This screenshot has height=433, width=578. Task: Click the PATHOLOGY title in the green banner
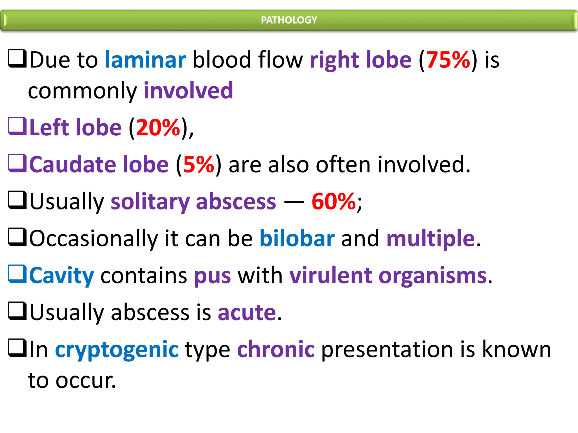[289, 20]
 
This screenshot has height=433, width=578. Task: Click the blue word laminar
[145, 60]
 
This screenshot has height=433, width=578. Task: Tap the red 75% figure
[448, 60]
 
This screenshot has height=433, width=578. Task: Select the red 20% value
[158, 127]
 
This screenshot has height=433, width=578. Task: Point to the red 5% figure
[199, 164]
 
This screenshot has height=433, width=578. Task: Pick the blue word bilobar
[297, 238]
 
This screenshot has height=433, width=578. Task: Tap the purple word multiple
[431, 238]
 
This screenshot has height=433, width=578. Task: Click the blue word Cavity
[62, 275]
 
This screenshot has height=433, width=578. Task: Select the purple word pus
[212, 275]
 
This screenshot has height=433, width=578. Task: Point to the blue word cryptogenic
[117, 349]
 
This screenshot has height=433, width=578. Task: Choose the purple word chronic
[276, 349]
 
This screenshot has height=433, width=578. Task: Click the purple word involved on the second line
[189, 91]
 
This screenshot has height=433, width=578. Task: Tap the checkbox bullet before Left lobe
[17, 126]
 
